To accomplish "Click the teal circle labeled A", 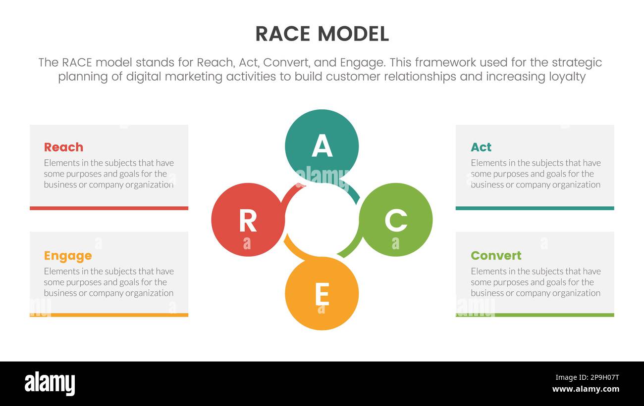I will click(322, 146).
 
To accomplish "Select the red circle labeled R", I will click(248, 220).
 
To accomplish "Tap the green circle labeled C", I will click(395, 220).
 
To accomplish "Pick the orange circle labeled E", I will click(322, 294).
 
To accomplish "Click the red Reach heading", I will click(63, 147).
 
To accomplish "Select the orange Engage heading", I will click(68, 256).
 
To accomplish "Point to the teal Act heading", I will click(481, 147).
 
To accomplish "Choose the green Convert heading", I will click(496, 256).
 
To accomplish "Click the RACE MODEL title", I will click(322, 34).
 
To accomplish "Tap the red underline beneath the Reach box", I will click(109, 208).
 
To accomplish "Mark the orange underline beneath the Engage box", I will click(109, 315).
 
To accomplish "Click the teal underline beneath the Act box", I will click(535, 208).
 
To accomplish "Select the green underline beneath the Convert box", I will click(535, 315).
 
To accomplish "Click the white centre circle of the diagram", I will click(322, 220).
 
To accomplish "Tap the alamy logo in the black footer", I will click(50, 384).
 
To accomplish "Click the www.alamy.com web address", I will click(586, 389).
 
